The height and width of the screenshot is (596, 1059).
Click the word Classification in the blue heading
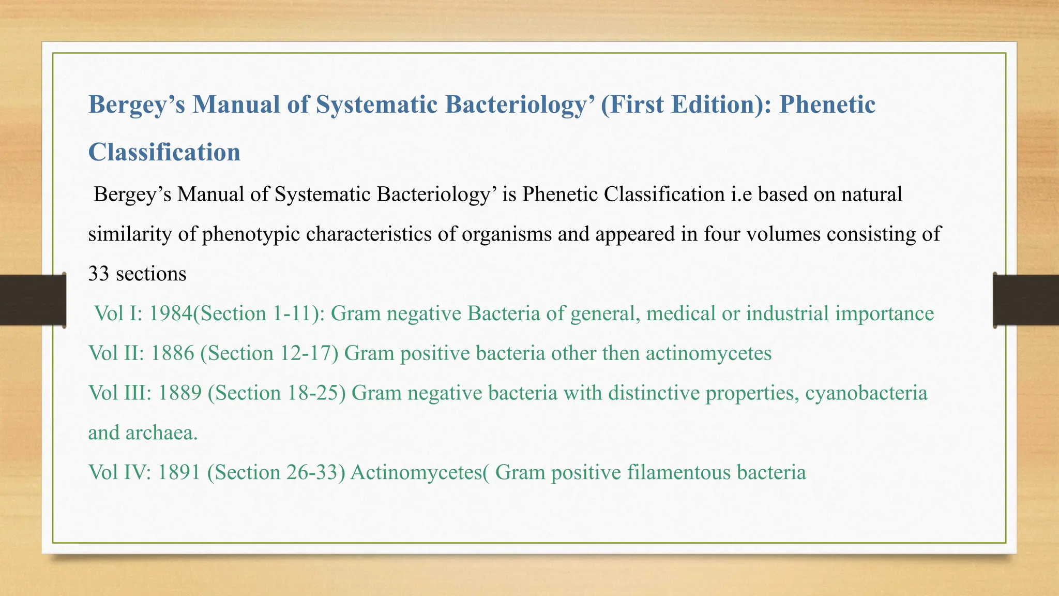[164, 153]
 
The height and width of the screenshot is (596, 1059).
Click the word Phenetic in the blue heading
[827, 105]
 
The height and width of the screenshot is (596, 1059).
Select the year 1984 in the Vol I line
[171, 314]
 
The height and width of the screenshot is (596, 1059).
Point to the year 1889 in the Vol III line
[179, 393]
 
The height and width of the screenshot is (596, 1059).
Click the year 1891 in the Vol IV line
[179, 472]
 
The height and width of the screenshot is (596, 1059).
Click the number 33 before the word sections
[99, 274]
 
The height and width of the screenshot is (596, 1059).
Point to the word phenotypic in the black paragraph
[251, 234]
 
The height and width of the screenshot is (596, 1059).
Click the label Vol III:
[120, 393]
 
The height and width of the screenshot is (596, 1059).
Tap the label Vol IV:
[119, 472]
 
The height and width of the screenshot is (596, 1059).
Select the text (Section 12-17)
[269, 353]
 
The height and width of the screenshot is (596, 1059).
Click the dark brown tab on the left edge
[33, 300]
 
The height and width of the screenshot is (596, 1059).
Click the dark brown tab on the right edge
[1026, 300]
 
